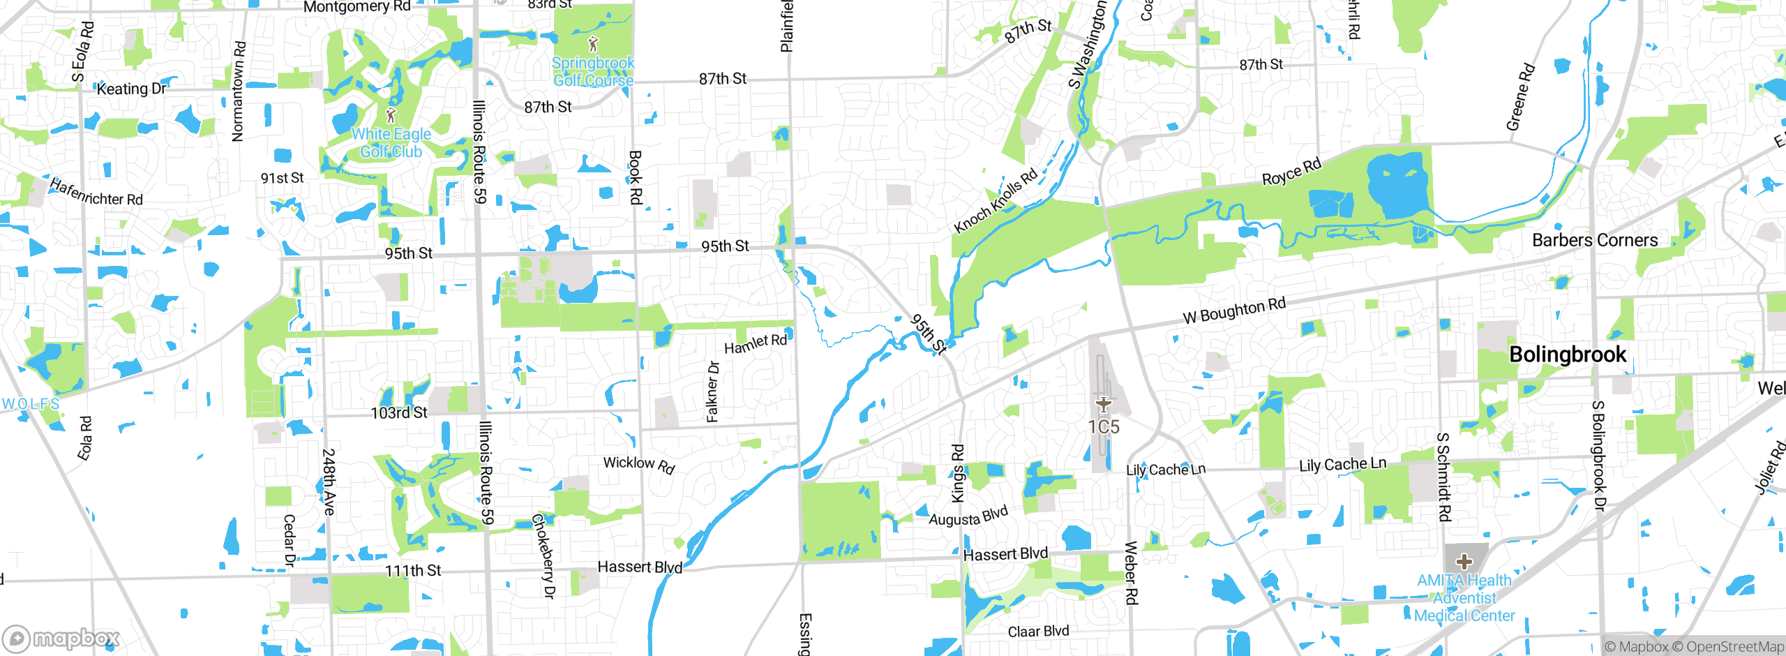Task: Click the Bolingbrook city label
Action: tap(1567, 355)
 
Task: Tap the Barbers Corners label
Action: tap(1594, 240)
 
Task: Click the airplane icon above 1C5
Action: tap(1103, 403)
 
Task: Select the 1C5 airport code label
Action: tap(1103, 426)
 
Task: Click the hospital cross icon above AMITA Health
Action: tap(1464, 562)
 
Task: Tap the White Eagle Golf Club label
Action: tap(391, 143)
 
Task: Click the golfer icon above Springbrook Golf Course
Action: tap(593, 44)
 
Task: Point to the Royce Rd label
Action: tap(1291, 172)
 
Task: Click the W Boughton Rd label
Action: tap(1233, 311)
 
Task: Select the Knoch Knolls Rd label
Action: tap(996, 201)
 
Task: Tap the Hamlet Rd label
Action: tap(755, 343)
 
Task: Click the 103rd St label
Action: tap(398, 412)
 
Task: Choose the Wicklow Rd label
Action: tap(638, 465)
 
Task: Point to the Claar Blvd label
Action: tap(1037, 631)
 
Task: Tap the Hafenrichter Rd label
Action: tap(96, 193)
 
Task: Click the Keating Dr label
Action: tap(131, 89)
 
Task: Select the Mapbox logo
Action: tap(61, 639)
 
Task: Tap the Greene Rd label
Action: tap(1520, 97)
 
